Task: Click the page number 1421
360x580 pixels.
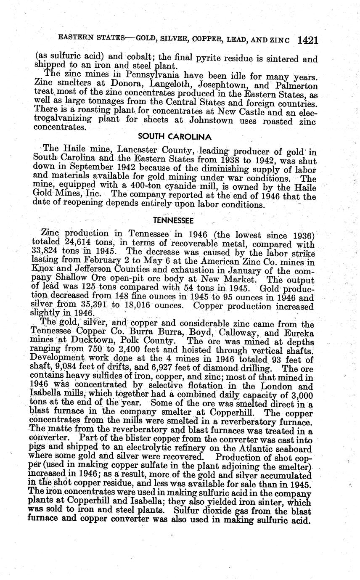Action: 307,40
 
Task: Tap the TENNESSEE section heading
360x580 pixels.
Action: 173,221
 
